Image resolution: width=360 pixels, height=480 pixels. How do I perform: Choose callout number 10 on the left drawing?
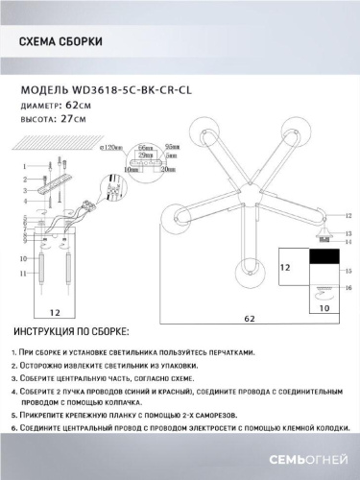[22, 258]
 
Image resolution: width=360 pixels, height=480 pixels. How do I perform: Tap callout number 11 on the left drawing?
[22, 275]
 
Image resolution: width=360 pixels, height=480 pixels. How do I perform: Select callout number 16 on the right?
[348, 288]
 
